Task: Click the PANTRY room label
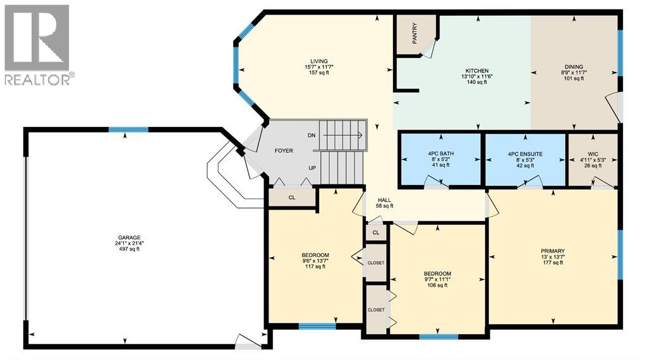click(x=414, y=33)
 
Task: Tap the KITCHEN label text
click(x=477, y=71)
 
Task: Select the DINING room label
click(x=574, y=67)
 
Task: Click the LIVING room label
click(x=319, y=61)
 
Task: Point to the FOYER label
click(x=284, y=151)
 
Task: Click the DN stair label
click(x=311, y=135)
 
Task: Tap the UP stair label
click(x=312, y=168)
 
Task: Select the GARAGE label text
click(x=129, y=237)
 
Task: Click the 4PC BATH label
click(x=441, y=154)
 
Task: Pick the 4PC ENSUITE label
click(x=525, y=154)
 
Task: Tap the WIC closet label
click(x=593, y=154)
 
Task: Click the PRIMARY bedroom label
click(x=552, y=251)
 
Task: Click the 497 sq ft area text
click(x=129, y=249)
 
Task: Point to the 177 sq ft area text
click(x=552, y=263)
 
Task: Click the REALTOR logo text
click(x=37, y=80)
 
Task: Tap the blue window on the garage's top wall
click(x=128, y=129)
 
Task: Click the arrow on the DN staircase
click(x=342, y=135)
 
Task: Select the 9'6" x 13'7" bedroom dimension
click(x=315, y=261)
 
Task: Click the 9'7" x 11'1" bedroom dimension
click(x=437, y=279)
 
